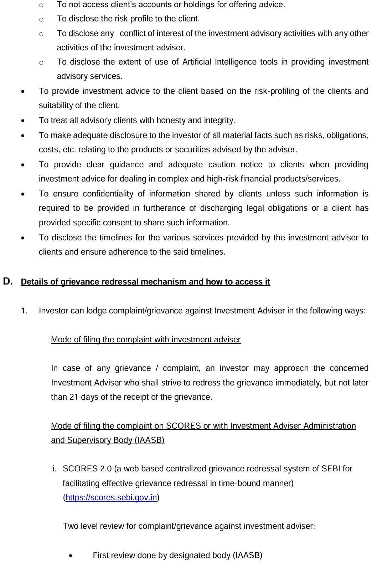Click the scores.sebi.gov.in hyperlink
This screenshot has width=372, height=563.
[111, 497]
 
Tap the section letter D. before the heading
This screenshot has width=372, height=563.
[8, 281]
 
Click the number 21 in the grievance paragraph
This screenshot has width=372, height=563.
[74, 397]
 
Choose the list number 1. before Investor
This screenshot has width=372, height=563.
[24, 311]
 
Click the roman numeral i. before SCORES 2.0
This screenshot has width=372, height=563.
[55, 469]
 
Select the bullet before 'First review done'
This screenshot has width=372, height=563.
[72, 556]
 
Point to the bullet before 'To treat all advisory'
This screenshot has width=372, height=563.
[23, 121]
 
